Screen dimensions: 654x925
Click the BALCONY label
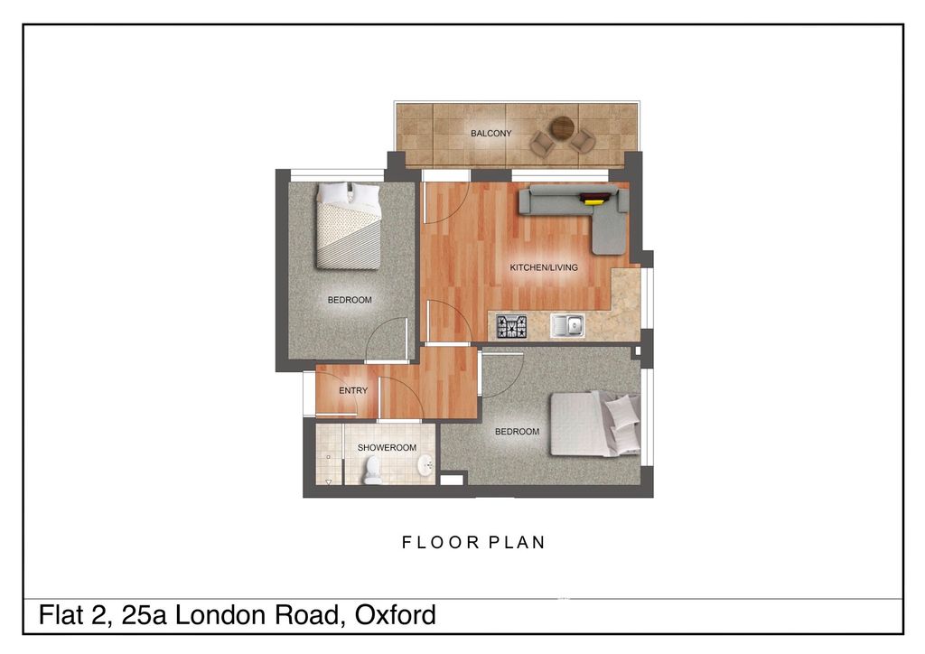pos(491,134)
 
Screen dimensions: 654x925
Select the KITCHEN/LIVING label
pos(544,267)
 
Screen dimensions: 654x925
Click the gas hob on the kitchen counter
pos(511,325)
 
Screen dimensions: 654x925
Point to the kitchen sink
pos(569,325)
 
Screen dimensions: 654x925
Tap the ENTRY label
pos(353,391)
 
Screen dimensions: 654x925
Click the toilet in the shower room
pos(372,470)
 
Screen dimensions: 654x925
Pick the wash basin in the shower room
pos(424,466)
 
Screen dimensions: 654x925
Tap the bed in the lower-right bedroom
pos(592,424)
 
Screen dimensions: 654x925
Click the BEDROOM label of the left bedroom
pos(350,300)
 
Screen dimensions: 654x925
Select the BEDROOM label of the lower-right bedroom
pos(517,432)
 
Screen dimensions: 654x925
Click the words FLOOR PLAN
pos(473,543)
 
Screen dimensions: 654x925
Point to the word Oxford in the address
pos(396,616)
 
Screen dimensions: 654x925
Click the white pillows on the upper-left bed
pos(348,193)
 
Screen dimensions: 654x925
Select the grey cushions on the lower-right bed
pos(622,421)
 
